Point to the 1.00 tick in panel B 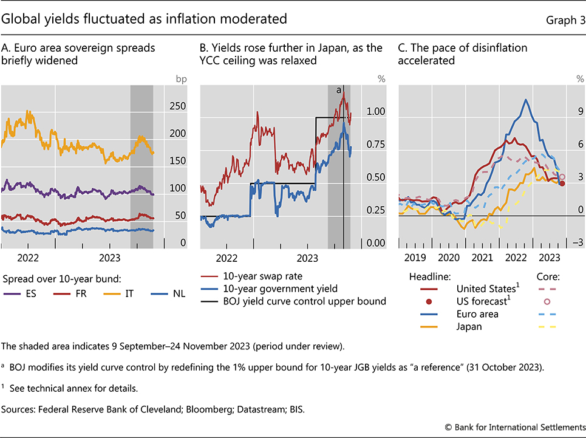(x=376, y=112)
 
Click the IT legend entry (x=128, y=294)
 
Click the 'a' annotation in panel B (x=339, y=90)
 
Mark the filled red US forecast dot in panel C (x=562, y=183)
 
